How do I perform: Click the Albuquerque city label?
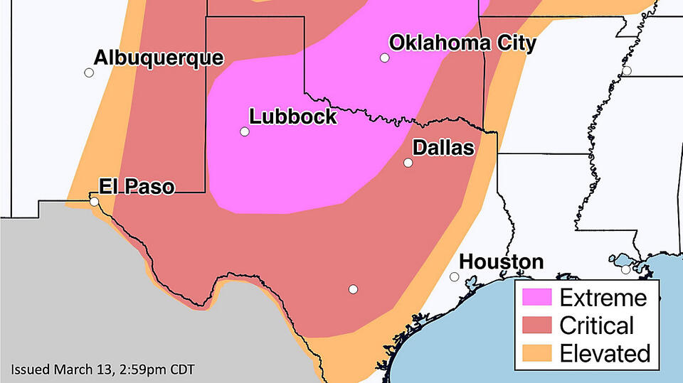point(159,58)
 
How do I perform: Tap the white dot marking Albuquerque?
point(89,72)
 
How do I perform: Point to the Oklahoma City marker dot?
point(384,58)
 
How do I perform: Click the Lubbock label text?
point(292,117)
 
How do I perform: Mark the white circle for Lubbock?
point(245,131)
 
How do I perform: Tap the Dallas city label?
point(443,148)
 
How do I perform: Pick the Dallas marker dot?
point(408,163)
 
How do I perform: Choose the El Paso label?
point(136,187)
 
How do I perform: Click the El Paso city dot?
point(95,202)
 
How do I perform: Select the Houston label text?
point(501,262)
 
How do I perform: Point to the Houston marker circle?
point(455,277)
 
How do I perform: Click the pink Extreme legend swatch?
point(536,298)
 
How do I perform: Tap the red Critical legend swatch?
point(536,325)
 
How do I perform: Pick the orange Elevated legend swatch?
point(536,353)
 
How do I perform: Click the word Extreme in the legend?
point(603,298)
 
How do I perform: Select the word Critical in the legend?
point(596,325)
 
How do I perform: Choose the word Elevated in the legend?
point(605,353)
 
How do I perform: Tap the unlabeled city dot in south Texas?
point(353,288)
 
